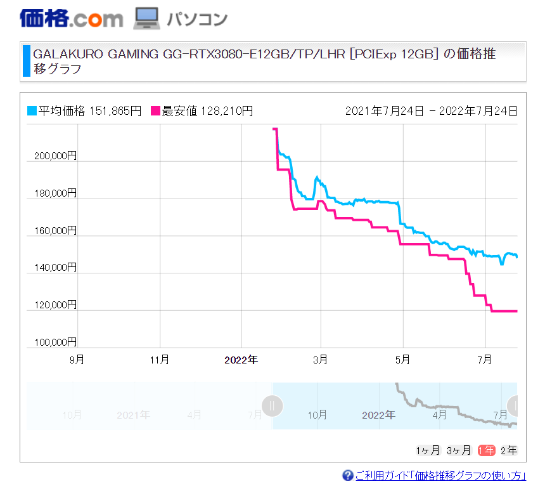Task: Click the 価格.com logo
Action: (x=71, y=18)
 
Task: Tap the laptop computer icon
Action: (x=146, y=18)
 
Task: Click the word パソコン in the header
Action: (x=197, y=19)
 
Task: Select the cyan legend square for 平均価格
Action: (x=32, y=111)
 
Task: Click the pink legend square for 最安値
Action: (x=155, y=111)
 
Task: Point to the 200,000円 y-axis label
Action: (x=55, y=155)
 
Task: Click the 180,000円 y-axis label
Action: (x=55, y=193)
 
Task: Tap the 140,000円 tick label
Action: (x=55, y=267)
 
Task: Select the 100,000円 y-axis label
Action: (x=55, y=342)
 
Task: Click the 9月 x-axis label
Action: (x=77, y=359)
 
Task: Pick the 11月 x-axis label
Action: (x=160, y=359)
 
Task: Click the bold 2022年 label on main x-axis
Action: (x=241, y=360)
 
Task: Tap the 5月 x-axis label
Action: (x=402, y=359)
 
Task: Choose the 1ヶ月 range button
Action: (x=428, y=450)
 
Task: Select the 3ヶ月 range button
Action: (x=459, y=450)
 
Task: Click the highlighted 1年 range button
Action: (x=486, y=450)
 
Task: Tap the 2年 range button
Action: (x=509, y=450)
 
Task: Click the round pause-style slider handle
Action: (x=272, y=406)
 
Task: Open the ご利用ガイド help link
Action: (x=440, y=475)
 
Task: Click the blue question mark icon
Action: (x=347, y=475)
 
